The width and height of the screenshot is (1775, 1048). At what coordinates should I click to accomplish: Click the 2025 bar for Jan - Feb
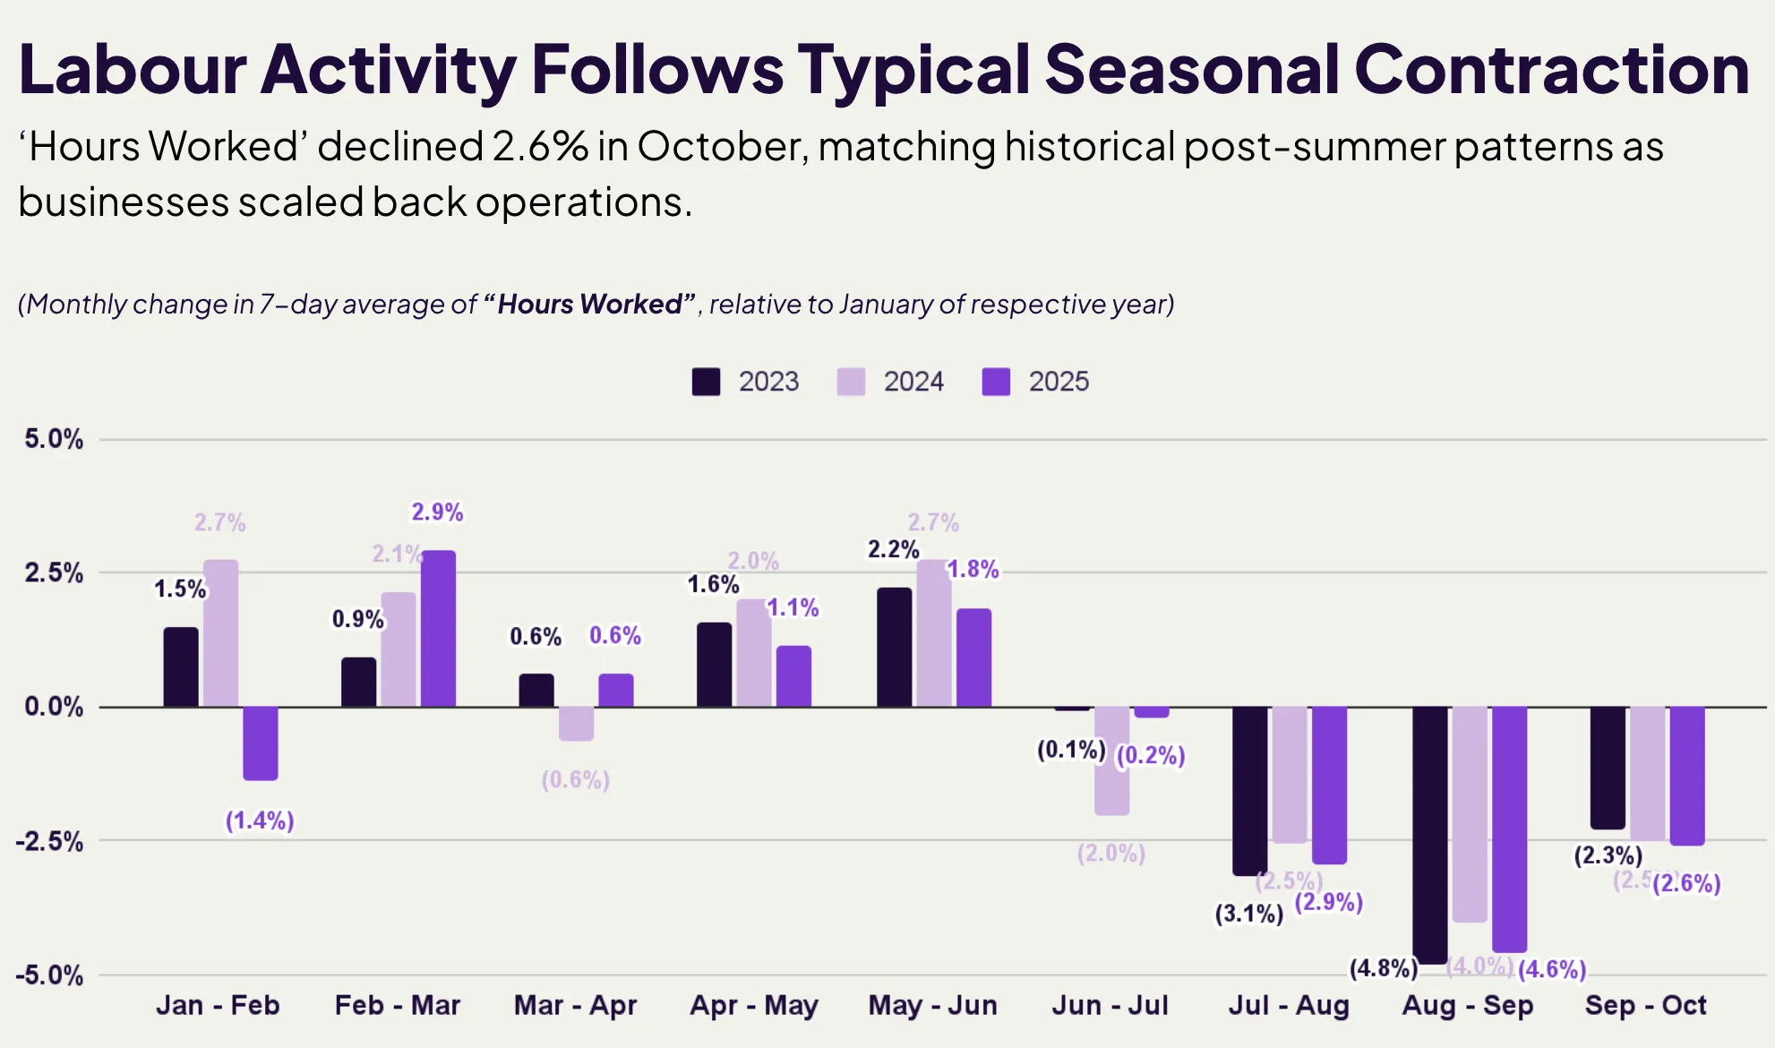260,743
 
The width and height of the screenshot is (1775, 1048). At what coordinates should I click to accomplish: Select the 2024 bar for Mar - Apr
576,724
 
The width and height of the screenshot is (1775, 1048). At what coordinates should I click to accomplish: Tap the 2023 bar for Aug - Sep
1429,834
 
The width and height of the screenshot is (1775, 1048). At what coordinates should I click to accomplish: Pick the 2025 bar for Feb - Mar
438,629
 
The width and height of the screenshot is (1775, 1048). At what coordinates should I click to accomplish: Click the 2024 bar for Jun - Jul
1111,760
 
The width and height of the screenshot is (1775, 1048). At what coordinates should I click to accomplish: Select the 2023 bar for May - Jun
894,647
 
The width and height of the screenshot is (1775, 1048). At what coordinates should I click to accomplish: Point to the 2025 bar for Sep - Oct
1687,776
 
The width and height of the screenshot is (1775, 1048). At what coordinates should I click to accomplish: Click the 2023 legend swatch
706,382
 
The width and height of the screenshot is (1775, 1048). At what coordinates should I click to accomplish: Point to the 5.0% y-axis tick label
54,439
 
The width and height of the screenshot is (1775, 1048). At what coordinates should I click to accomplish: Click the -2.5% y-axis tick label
50,841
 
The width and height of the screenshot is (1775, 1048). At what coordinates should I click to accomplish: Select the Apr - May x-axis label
753,1005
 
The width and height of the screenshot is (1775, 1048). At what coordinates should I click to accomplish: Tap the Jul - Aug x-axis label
1288,1005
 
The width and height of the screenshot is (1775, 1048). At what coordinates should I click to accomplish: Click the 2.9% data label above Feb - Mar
437,512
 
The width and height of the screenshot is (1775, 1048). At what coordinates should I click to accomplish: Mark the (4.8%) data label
1383,968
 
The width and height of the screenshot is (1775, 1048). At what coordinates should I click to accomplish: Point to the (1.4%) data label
260,820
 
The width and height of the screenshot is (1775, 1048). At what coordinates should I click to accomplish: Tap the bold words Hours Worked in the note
591,305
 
